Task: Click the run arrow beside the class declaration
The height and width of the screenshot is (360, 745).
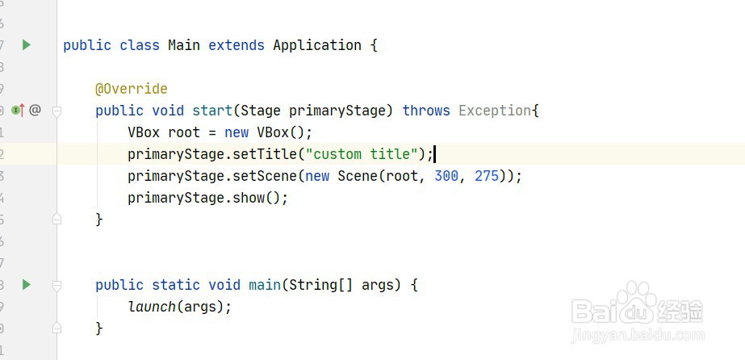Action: (27, 45)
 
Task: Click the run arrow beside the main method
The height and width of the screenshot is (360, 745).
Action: (27, 284)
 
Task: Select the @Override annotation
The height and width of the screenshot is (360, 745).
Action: (131, 89)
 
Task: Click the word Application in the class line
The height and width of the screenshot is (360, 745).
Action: (317, 45)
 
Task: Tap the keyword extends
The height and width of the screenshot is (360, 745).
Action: (236, 45)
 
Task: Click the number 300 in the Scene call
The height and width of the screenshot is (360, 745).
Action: (446, 176)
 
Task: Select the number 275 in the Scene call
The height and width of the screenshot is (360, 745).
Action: (487, 176)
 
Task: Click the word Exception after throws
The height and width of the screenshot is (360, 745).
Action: (495, 111)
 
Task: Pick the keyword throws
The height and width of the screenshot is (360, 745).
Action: (426, 111)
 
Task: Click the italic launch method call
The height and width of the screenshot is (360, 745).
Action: (152, 307)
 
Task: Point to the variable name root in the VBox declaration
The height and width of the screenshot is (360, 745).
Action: (184, 132)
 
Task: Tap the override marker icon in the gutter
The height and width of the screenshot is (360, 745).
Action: (19, 111)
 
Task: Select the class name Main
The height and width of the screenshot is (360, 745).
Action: (184, 45)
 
